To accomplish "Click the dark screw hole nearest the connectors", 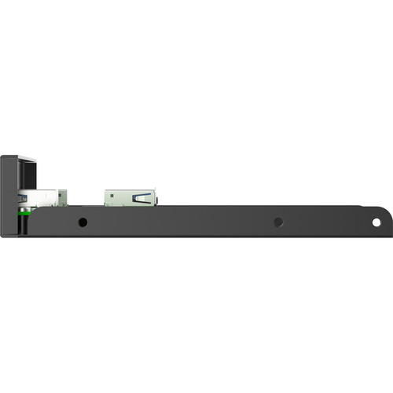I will (83, 222).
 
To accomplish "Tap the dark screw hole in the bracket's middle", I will (278, 222).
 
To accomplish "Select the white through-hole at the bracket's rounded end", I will (376, 222).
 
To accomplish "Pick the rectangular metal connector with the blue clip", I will (130, 197).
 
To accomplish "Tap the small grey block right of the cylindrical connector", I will (62, 197).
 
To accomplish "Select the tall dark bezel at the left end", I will (9, 196).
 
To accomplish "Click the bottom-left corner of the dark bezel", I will (2, 236).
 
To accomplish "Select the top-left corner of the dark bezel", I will (2, 156).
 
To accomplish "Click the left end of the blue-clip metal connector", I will (106, 197).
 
